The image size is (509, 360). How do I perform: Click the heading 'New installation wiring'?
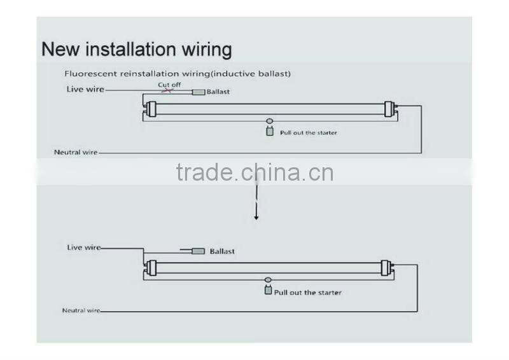pyautogui.click(x=137, y=49)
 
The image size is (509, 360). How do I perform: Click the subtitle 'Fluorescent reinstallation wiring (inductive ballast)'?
pyautogui.click(x=178, y=74)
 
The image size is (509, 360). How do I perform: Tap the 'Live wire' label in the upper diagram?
pyautogui.click(x=85, y=90)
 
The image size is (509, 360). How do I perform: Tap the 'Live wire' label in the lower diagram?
pyautogui.click(x=84, y=247)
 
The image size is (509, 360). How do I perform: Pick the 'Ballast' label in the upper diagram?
pyautogui.click(x=218, y=92)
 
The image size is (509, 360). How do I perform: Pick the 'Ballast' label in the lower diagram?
pyautogui.click(x=222, y=251)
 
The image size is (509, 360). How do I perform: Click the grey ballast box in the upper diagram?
pyautogui.click(x=199, y=92)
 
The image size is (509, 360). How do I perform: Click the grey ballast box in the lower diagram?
pyautogui.click(x=199, y=251)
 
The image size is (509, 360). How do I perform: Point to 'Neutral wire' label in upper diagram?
pyautogui.click(x=76, y=153)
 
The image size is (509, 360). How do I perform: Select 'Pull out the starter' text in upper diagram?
pyautogui.click(x=309, y=133)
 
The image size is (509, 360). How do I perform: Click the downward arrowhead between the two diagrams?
pyautogui.click(x=256, y=218)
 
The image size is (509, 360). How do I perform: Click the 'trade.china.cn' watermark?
pyautogui.click(x=254, y=172)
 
